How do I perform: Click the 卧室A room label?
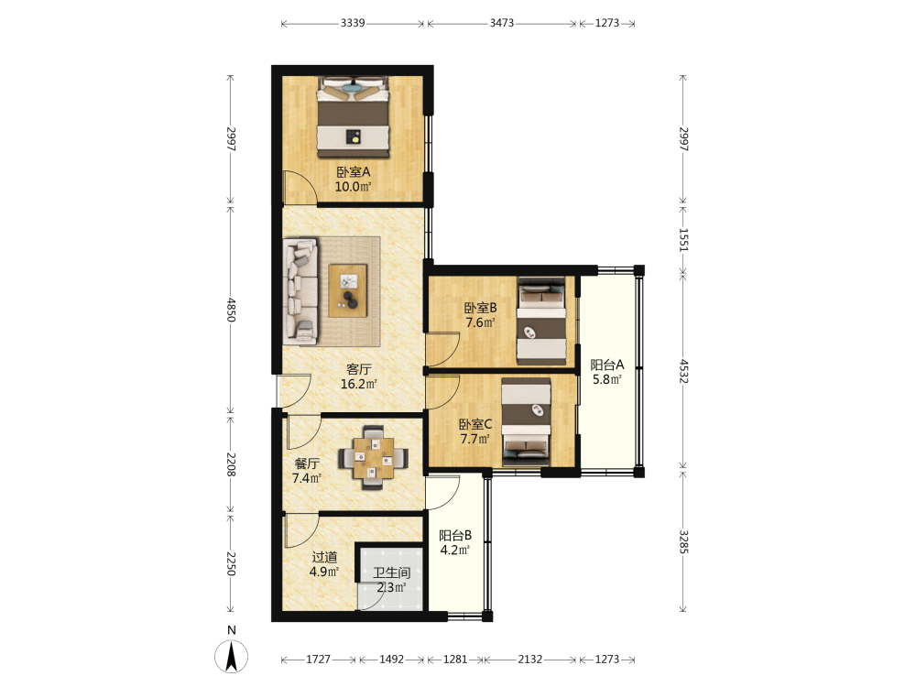(353, 172)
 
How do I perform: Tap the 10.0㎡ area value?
(353, 187)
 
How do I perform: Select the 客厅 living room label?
(359, 369)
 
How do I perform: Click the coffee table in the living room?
(348, 291)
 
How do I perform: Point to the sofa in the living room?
(300, 290)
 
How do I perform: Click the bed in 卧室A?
(354, 117)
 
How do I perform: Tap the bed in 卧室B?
(541, 321)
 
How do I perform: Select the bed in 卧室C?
(527, 422)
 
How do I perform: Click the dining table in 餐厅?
(374, 457)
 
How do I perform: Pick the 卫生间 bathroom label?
(391, 573)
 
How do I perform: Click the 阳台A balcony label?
(607, 365)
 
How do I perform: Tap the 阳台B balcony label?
(455, 535)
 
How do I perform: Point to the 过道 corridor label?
(324, 557)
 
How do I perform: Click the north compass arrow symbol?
(232, 656)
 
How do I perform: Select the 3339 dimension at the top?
(353, 23)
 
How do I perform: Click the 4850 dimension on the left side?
(232, 310)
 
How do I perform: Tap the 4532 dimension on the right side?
(683, 371)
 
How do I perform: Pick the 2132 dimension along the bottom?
(529, 659)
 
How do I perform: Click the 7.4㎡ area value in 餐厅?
(307, 478)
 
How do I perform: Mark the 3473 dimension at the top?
(502, 23)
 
